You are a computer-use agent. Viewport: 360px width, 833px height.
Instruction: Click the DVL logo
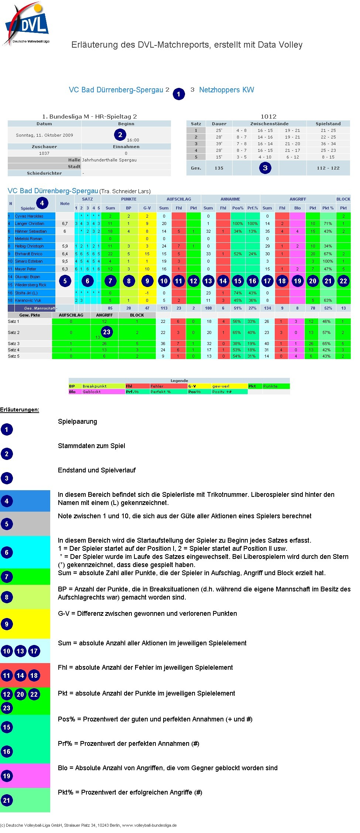(27, 24)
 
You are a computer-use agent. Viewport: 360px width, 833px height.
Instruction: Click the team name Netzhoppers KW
(226, 90)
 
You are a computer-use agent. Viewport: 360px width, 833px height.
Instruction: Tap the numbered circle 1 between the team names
(179, 94)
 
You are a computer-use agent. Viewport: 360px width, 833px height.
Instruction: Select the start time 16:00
(133, 140)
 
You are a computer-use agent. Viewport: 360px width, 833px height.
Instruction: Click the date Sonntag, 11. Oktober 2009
(44, 135)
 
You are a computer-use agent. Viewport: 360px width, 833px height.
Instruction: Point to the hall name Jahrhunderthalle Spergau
(109, 160)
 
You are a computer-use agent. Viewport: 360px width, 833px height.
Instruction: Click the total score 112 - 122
(328, 168)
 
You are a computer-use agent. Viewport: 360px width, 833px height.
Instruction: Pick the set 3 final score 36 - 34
(328, 144)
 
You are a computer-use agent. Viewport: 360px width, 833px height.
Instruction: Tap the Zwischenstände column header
(269, 124)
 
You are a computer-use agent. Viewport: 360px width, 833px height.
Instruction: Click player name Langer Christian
(30, 223)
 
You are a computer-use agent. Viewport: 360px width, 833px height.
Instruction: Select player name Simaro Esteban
(29, 261)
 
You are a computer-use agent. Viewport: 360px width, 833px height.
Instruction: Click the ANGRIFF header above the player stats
(298, 199)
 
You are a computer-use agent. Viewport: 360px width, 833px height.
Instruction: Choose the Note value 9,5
(65, 261)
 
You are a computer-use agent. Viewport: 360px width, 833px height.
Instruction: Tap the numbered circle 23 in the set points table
(107, 332)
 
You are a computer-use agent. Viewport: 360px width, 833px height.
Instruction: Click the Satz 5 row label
(14, 356)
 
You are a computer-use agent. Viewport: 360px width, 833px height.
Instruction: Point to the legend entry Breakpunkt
(95, 386)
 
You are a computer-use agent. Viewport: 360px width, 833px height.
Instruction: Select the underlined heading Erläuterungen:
(20, 410)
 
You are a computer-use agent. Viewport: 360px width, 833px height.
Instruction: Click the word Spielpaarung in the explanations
(78, 421)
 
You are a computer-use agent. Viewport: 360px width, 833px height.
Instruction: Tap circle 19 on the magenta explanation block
(7, 776)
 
